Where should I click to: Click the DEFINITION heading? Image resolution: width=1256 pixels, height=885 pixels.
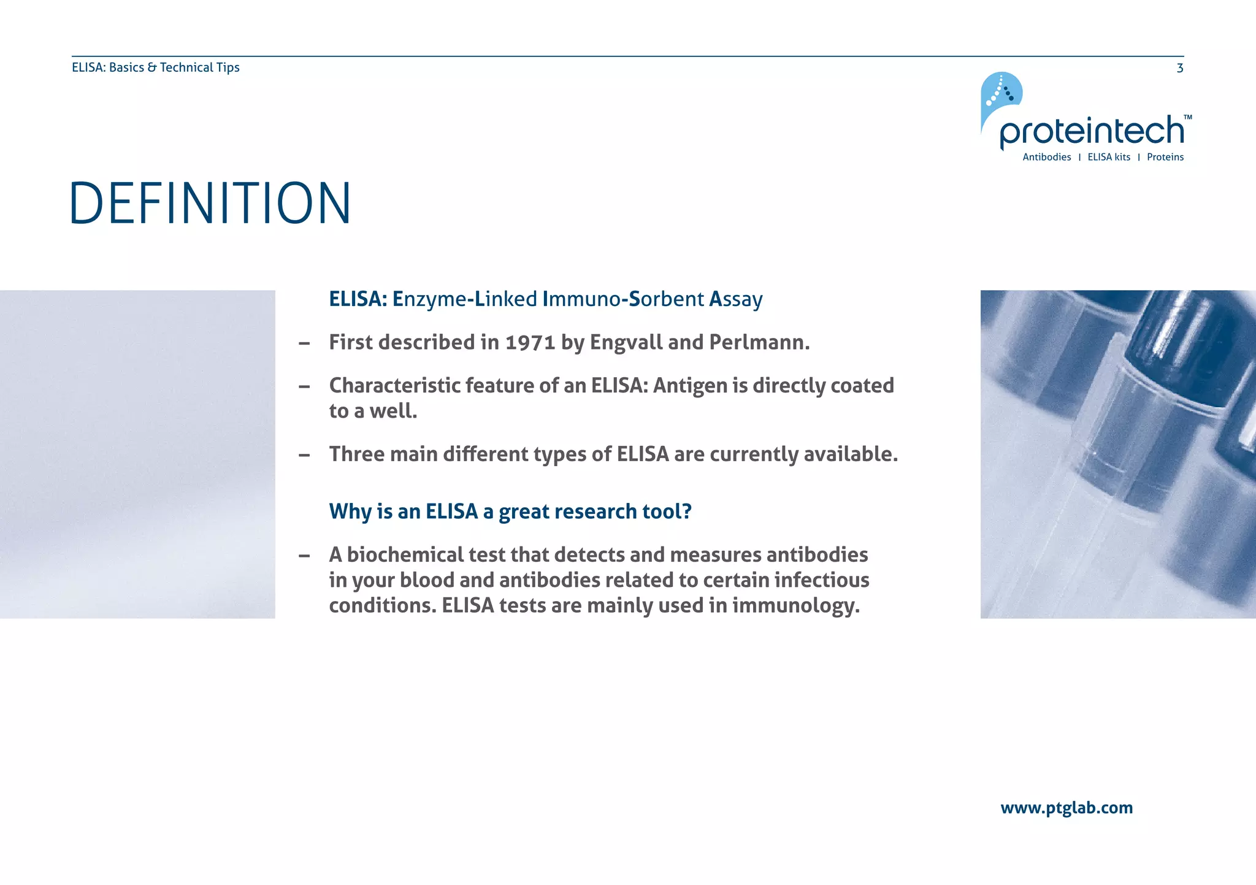(x=210, y=203)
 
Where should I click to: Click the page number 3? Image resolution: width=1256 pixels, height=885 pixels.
(x=1179, y=68)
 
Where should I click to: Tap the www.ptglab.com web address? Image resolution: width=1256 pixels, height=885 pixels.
(x=1066, y=808)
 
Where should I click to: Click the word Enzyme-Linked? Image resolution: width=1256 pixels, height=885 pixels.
(x=465, y=299)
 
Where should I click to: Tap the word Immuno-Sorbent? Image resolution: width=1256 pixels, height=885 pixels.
(x=622, y=299)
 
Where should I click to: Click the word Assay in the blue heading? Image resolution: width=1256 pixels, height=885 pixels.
(x=735, y=299)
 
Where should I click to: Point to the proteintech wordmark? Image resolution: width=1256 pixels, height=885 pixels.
(x=1091, y=131)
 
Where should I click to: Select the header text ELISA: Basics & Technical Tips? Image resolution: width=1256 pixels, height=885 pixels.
(x=156, y=67)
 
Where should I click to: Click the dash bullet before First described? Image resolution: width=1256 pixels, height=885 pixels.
(x=304, y=343)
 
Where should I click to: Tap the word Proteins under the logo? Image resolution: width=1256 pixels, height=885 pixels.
(x=1165, y=157)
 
